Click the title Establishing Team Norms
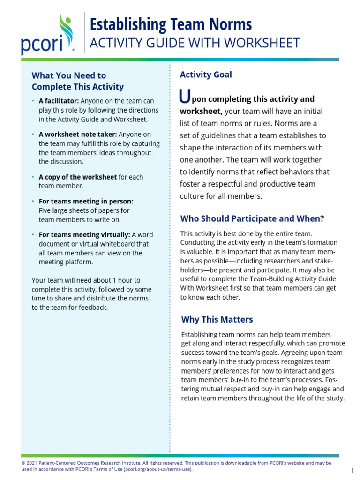pyautogui.click(x=170, y=24)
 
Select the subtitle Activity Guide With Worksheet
pyautogui.click(x=194, y=43)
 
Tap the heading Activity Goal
pyautogui.click(x=206, y=75)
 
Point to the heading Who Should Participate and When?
pyautogui.click(x=252, y=218)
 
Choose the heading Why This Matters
pyautogui.click(x=217, y=319)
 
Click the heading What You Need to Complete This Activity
pyautogui.click(x=77, y=81)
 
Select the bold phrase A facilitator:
pyautogui.click(x=59, y=101)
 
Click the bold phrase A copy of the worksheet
pyautogui.click(x=77, y=177)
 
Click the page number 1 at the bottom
pyautogui.click(x=352, y=471)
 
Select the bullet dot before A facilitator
pyautogui.click(x=33, y=101)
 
